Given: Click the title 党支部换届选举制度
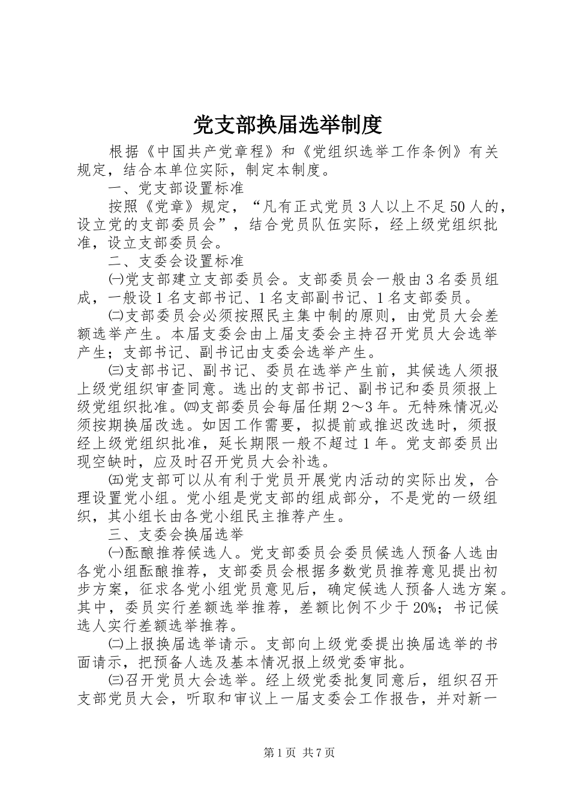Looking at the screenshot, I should point(287,125).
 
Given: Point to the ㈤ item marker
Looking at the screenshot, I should point(115,480).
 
